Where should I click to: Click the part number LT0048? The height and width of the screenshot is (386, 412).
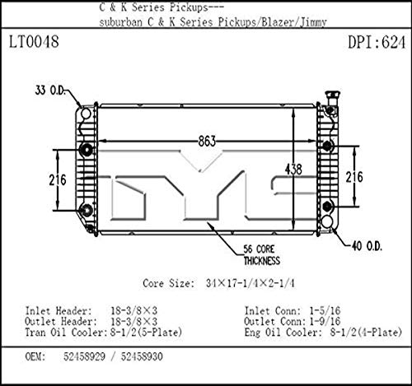[34, 42]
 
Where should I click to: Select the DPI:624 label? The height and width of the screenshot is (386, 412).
[377, 43]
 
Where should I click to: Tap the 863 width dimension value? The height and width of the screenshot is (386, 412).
[207, 141]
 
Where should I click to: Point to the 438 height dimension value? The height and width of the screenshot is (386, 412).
[293, 170]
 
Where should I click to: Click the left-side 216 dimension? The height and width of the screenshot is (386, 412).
[58, 180]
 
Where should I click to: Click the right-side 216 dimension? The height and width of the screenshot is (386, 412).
[354, 177]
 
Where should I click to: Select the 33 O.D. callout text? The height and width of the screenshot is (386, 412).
[50, 91]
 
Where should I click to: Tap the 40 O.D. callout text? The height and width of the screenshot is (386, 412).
[367, 246]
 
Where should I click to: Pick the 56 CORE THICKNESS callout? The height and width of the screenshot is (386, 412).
[262, 255]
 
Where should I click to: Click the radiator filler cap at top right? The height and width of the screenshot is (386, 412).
[333, 97]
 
